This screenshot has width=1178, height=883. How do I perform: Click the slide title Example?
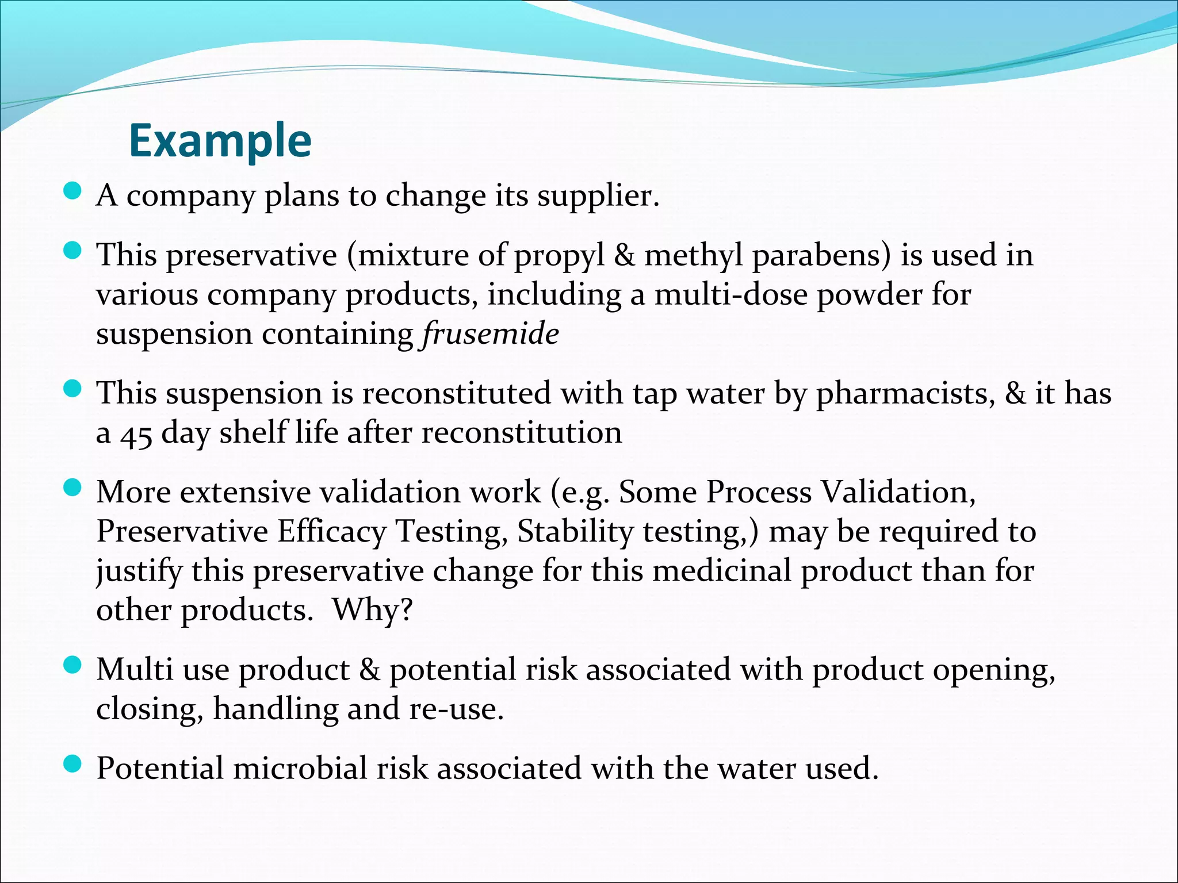pos(220,141)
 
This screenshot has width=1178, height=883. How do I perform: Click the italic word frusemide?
pos(490,334)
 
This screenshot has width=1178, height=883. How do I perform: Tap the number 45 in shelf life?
pos(136,435)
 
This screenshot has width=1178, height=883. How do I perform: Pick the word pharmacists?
pos(905,395)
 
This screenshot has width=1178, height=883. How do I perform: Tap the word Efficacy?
pos(332,531)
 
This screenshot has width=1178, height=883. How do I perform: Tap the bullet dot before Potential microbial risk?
pos(72,764)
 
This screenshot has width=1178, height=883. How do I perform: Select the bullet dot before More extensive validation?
pos(72,488)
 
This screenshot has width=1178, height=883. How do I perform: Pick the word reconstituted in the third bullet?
pos(457,395)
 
